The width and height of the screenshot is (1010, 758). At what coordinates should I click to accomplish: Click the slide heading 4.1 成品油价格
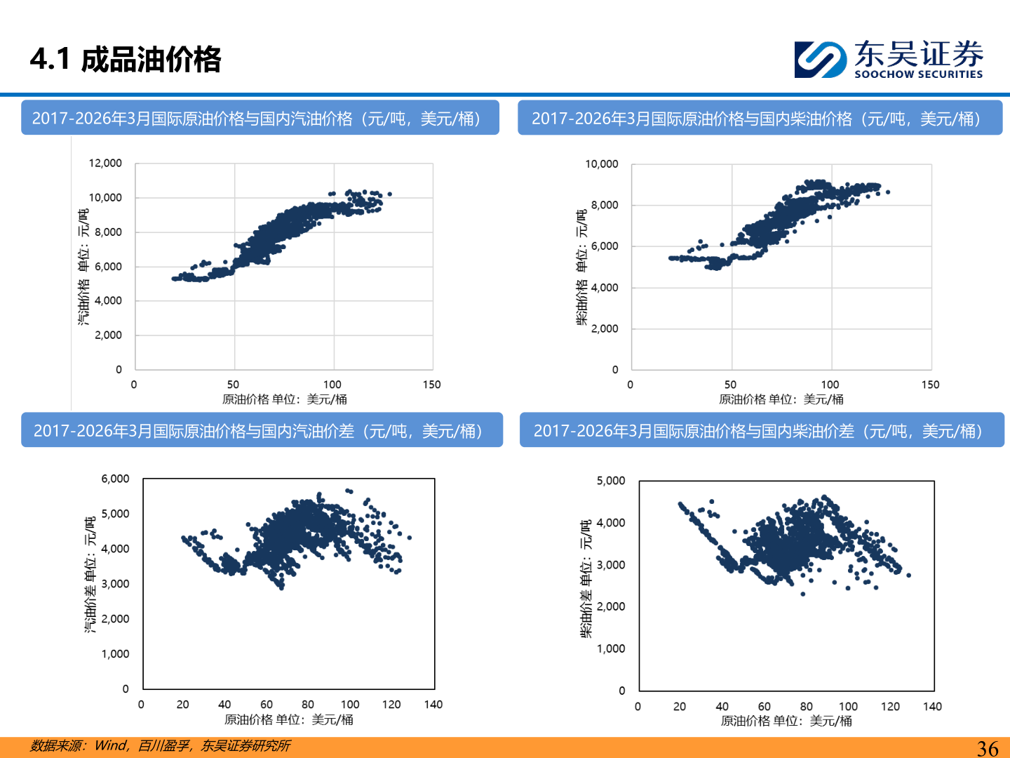126,59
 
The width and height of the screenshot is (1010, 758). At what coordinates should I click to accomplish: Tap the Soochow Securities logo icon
820,60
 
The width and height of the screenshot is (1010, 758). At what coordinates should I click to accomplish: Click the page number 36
987,748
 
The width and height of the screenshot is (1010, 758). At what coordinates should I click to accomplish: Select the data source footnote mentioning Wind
160,745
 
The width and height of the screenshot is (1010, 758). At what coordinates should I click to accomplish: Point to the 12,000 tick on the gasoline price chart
105,164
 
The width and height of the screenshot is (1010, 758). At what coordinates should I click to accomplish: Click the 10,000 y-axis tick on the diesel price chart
602,164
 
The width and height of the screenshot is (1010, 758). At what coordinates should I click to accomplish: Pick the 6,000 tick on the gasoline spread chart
115,479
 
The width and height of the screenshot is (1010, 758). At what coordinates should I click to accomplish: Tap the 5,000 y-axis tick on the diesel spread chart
611,481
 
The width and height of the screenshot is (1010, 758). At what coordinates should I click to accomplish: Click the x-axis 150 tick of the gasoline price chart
432,385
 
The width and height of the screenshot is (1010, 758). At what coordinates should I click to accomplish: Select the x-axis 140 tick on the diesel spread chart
932,707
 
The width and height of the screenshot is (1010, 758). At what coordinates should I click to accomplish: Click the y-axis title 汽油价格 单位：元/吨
83,267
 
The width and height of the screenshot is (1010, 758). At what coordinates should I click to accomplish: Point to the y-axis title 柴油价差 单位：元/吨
586,579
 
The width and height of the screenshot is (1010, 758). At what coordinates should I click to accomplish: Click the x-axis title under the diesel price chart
781,399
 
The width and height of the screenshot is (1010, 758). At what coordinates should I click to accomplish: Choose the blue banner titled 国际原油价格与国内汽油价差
262,430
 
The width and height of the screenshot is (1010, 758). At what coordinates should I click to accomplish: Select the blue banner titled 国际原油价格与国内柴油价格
760,118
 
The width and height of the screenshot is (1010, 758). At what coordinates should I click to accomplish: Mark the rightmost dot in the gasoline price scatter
390,194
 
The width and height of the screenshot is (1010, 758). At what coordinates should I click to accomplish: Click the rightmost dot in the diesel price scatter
888,192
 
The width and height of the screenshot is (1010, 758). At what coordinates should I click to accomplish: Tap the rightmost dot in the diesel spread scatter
909,576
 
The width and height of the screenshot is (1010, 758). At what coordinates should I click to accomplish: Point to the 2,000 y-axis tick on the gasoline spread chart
115,619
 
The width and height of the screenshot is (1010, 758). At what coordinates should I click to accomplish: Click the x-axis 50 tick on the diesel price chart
731,385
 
